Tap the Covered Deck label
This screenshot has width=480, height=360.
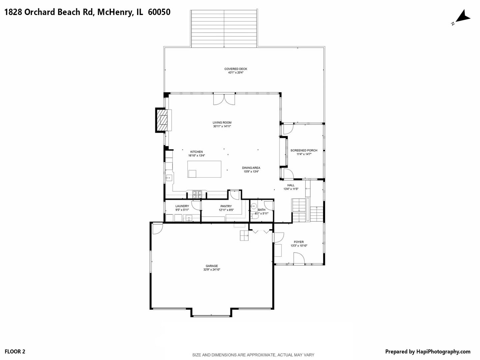click(x=236, y=69)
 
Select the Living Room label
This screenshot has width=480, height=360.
click(x=222, y=123)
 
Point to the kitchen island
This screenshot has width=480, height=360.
click(x=204, y=169)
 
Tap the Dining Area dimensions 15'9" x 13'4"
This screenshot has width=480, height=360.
click(x=251, y=172)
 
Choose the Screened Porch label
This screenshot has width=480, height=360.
click(x=304, y=150)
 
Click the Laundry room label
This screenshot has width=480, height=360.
click(x=182, y=206)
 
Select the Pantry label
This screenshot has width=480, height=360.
click(x=226, y=206)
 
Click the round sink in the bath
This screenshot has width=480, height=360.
click(x=254, y=206)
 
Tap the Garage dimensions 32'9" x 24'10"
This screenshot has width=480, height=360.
click(x=212, y=270)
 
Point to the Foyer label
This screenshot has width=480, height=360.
click(x=299, y=242)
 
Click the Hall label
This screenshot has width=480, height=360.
click(x=291, y=185)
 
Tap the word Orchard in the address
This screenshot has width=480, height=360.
click(x=40, y=12)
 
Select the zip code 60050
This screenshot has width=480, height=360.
click(x=159, y=12)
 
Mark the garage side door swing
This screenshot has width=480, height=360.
click(x=158, y=228)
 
